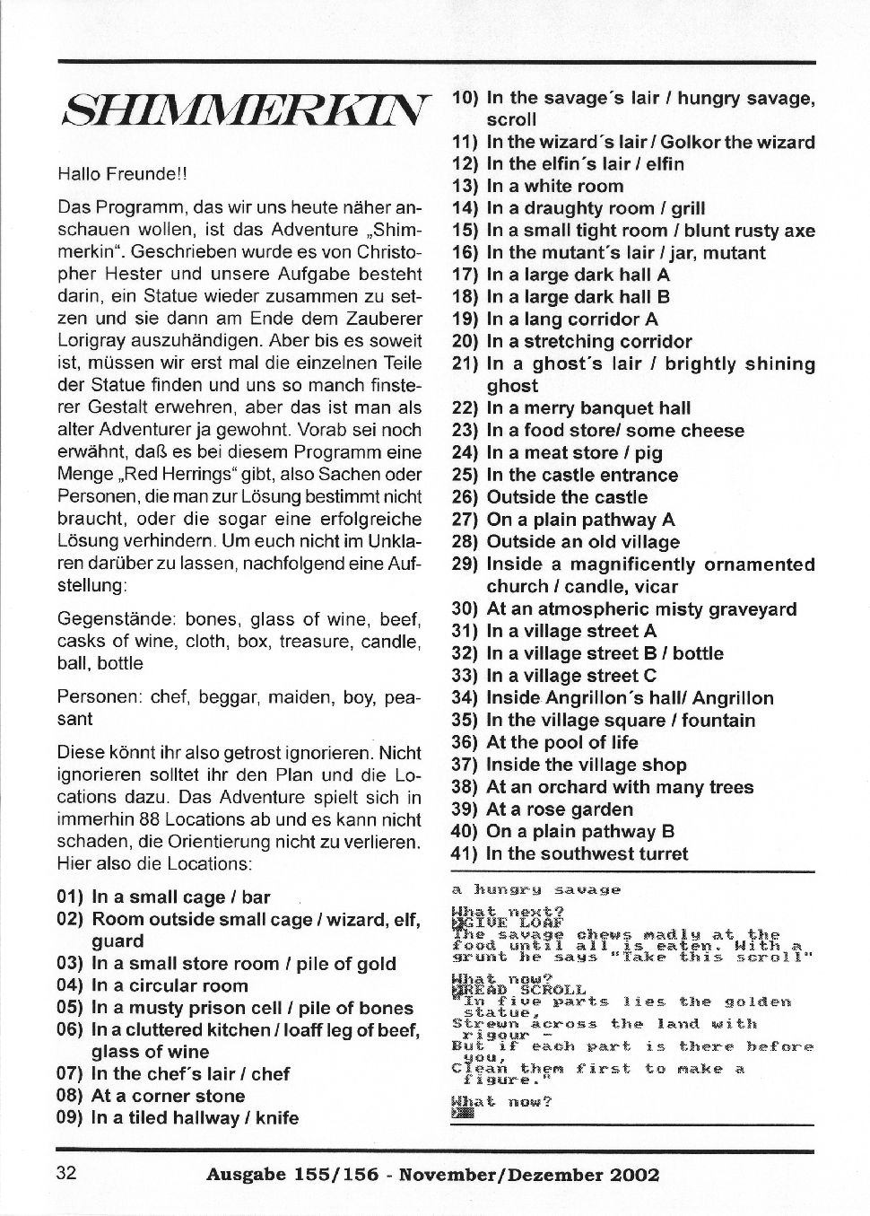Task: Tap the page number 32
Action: click(66, 1174)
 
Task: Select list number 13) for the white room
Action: click(465, 187)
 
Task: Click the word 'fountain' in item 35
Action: click(718, 721)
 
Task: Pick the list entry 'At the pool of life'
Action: click(561, 743)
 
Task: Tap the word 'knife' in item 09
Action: click(277, 1118)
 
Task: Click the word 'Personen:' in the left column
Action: click(93, 697)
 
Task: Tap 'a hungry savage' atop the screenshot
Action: click(535, 889)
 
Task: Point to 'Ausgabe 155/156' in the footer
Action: click(289, 1175)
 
